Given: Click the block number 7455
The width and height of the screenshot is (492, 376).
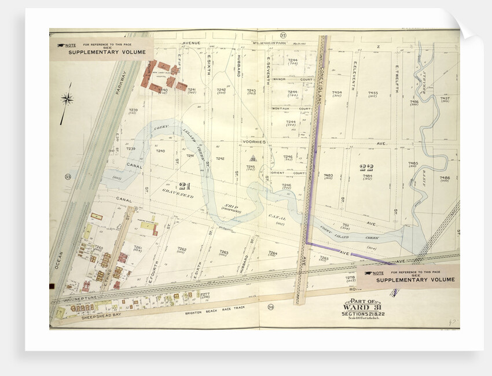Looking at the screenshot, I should coord(373,93).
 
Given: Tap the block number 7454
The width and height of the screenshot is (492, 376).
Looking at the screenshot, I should coord(337,93).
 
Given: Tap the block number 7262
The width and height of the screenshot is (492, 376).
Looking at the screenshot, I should coord(182,249).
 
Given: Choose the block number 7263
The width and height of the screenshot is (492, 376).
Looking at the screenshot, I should coord(223,252).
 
